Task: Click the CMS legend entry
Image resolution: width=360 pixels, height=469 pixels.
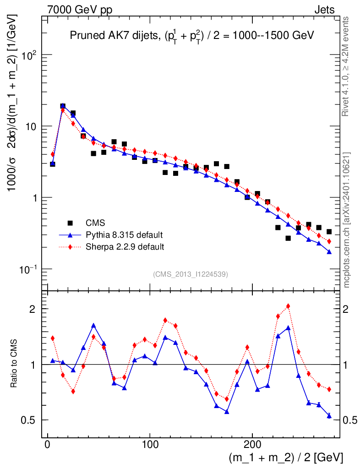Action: (x=95, y=224)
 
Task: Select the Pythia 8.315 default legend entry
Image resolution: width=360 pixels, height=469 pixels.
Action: (x=124, y=235)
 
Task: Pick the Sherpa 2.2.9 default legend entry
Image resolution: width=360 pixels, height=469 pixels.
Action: (x=125, y=247)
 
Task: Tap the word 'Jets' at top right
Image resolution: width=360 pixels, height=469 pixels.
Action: (x=324, y=10)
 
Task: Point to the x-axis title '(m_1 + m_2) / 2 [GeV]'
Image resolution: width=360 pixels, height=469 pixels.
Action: (x=286, y=457)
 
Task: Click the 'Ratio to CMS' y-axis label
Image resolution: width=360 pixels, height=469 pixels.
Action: (x=15, y=364)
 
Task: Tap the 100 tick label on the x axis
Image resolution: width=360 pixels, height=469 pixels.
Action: (x=150, y=444)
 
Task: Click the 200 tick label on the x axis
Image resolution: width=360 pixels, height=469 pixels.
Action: (x=252, y=444)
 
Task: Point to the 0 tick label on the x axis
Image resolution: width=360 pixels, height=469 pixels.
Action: (x=47, y=444)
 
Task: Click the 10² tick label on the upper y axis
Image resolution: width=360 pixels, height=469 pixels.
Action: (x=30, y=55)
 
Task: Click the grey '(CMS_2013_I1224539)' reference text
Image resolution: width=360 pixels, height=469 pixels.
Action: (x=191, y=274)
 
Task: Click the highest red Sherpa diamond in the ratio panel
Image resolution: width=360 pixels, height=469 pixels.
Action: (x=288, y=306)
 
